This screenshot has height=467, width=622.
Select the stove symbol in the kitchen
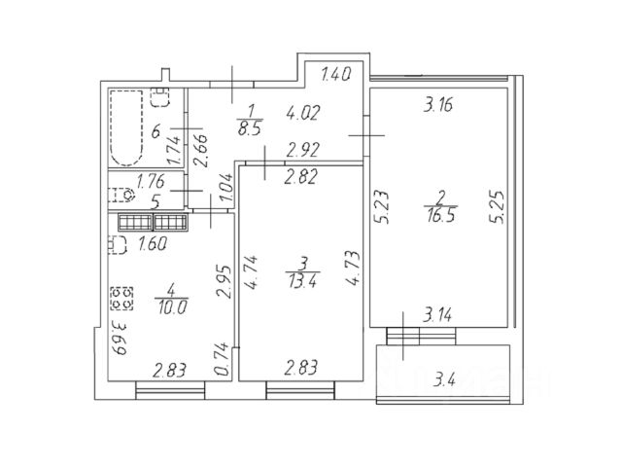tap(121, 294)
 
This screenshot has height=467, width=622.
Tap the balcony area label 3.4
tap(448, 377)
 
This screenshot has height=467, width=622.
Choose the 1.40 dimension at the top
tap(335, 73)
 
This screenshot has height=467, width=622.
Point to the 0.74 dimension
tap(222, 358)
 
